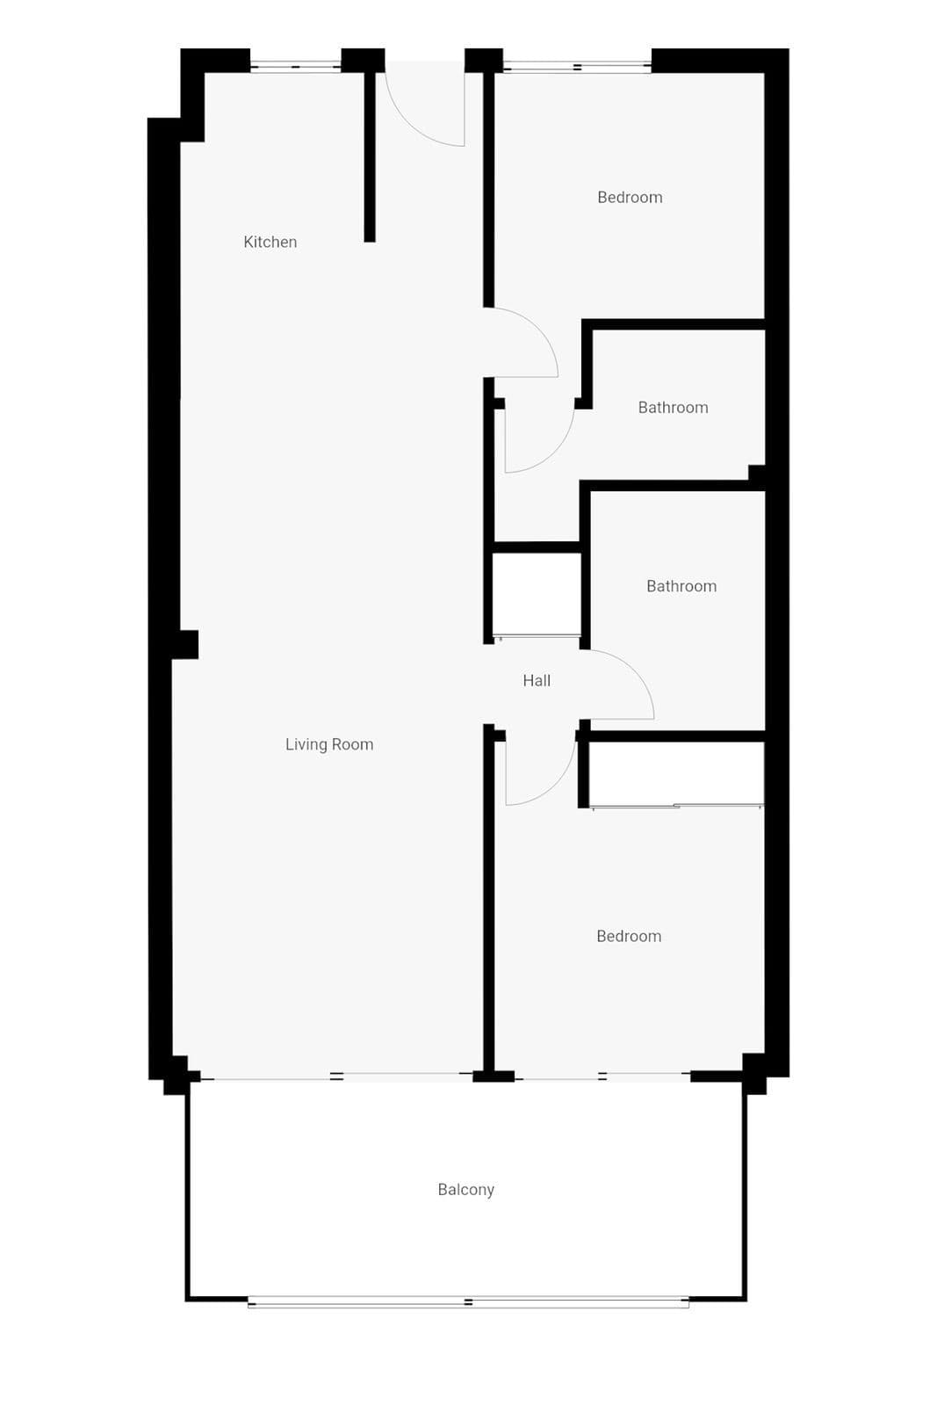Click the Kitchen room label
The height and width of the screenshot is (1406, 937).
270,242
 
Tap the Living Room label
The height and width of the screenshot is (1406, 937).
329,744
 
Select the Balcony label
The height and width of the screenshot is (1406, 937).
466,1190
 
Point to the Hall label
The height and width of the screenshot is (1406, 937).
537,680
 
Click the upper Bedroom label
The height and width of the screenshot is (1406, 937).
630,197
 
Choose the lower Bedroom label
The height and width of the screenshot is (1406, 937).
629,936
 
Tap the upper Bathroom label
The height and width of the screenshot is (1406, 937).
673,408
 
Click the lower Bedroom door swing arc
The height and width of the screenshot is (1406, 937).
555,786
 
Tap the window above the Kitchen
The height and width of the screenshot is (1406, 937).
295,66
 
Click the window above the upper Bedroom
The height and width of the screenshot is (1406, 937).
577,66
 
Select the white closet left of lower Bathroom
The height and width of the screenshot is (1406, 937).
537,594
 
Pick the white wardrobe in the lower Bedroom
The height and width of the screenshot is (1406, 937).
676,773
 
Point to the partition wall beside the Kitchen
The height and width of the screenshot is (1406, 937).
370,157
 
